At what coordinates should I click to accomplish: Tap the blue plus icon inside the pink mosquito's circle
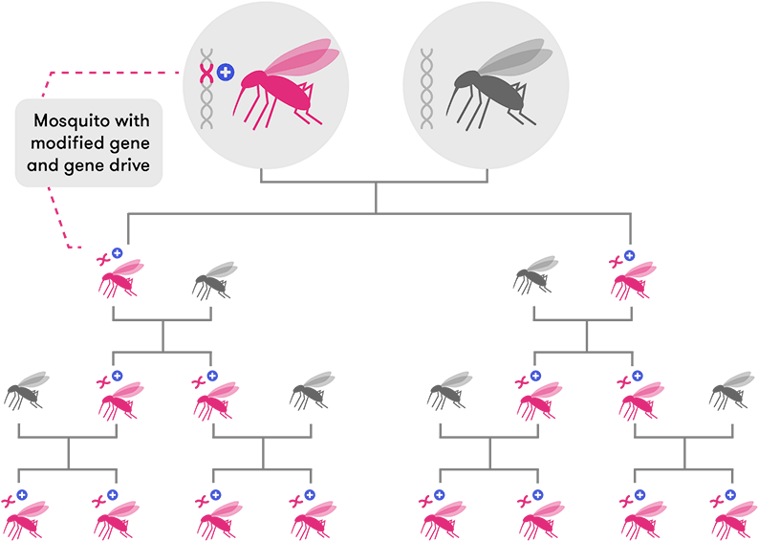(x=225, y=72)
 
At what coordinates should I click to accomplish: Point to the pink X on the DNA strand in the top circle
(x=205, y=73)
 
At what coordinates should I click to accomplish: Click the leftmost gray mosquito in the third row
(x=27, y=391)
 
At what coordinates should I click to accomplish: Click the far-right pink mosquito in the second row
(x=632, y=278)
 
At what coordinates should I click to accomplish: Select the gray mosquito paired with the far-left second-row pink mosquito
(x=214, y=279)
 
